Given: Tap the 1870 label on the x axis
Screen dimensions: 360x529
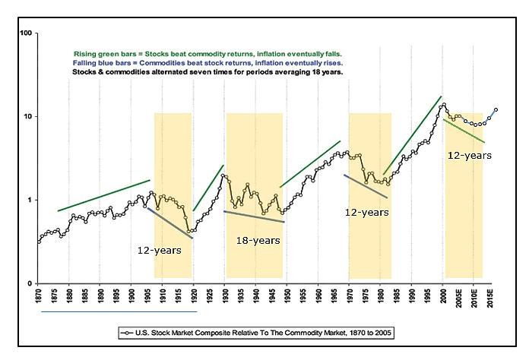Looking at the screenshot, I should tap(38, 297).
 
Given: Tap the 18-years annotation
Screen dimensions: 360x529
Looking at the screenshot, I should tap(258, 240).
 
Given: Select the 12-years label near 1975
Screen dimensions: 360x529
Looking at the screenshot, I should tap(367, 213).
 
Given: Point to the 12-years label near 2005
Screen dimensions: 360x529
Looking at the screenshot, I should tap(467, 155).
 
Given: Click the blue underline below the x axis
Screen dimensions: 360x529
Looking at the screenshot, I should tap(119, 311).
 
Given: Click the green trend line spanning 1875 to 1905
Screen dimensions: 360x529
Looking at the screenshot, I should tap(104, 195).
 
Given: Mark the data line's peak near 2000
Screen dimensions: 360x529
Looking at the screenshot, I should tap(443, 104).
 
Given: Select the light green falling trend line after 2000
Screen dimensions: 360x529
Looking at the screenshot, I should tap(464, 131).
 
